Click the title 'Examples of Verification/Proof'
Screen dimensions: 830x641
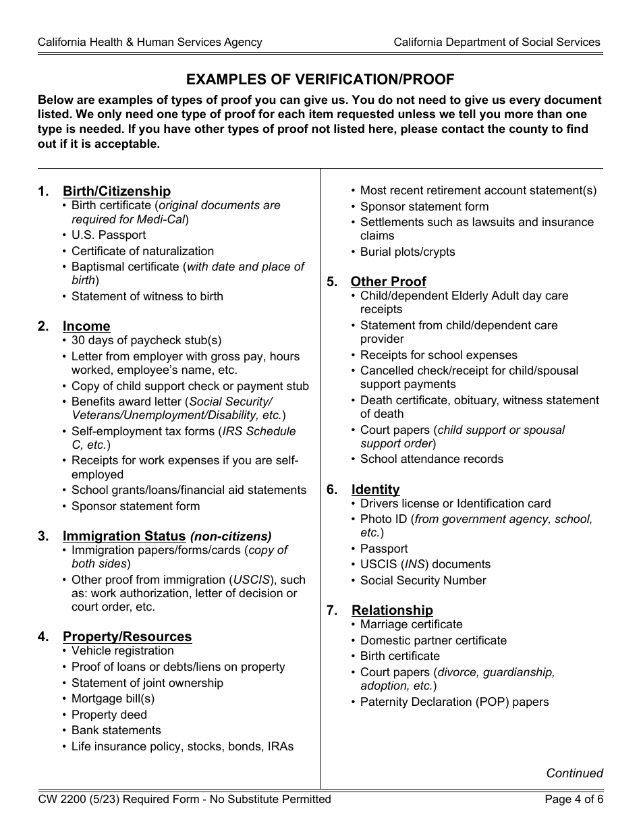320,80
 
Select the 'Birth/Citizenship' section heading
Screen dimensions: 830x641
117,192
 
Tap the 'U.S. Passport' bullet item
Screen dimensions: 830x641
109,236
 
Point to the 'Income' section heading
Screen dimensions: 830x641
86,327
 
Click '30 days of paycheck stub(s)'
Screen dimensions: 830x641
146,341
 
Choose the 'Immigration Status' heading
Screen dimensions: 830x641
124,536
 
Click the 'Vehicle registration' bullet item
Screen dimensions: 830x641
122,651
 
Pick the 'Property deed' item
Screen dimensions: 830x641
109,715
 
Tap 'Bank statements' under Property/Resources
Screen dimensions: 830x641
116,731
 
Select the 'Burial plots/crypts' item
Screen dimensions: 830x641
408,252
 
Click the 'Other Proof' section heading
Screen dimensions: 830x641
389,282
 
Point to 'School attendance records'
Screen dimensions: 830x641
431,460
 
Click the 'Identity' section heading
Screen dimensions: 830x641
375,490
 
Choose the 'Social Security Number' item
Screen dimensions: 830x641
423,581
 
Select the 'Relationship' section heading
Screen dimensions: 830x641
392,611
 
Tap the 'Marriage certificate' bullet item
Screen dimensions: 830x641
411,625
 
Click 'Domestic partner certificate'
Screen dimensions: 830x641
433,641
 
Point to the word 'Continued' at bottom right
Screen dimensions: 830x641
574,774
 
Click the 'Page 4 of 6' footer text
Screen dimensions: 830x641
574,800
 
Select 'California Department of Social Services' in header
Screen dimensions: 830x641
497,43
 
